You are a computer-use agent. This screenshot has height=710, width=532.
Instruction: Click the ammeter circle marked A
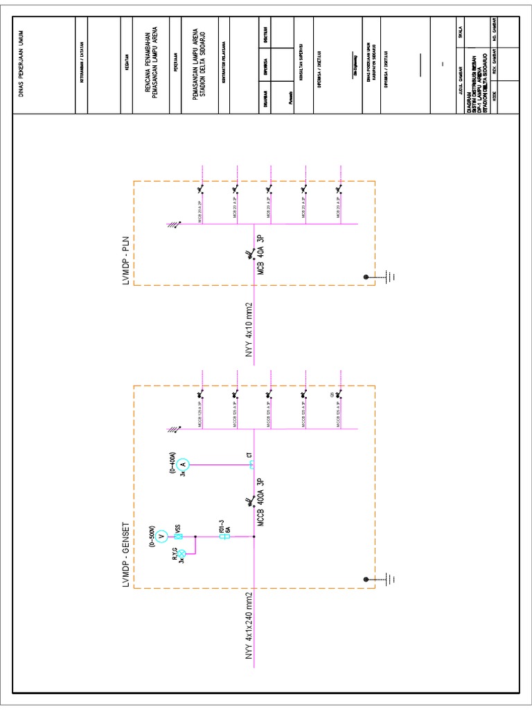tap(183, 465)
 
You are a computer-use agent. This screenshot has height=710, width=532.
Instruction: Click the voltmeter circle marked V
tap(161, 537)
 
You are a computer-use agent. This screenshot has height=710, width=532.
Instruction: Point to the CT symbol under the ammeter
tap(252, 465)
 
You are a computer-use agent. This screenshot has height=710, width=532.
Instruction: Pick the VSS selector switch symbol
tap(178, 537)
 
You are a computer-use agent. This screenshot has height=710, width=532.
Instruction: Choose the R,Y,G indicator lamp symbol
tap(182, 554)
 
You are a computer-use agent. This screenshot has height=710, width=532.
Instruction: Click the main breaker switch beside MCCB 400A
tap(248, 501)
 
